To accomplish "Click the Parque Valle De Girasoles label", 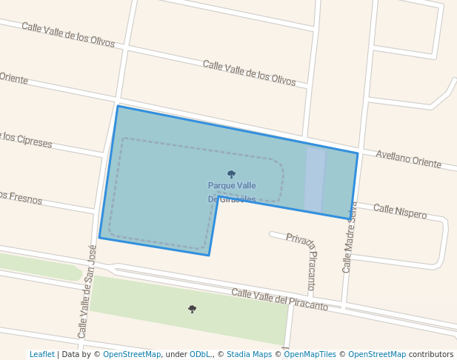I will (x=232, y=192).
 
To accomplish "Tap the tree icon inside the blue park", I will (x=232, y=175).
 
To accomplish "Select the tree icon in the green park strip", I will (x=193, y=309).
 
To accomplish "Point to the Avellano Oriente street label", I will (x=408, y=159).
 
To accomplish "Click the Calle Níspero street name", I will (x=400, y=211).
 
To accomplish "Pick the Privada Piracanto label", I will (x=303, y=261).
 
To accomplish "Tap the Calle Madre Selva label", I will (x=349, y=237).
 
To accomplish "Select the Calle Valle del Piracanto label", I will (x=279, y=299).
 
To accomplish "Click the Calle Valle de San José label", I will (x=87, y=292).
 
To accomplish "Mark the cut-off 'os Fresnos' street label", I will (x=21, y=198).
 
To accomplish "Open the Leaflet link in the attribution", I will (x=41, y=354).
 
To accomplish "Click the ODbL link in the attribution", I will (x=201, y=354).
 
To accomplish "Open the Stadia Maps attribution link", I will (x=249, y=354).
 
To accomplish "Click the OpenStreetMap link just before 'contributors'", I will (x=377, y=354).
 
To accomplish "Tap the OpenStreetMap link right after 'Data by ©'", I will (x=132, y=354).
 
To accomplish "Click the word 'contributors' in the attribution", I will (x=431, y=354).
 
